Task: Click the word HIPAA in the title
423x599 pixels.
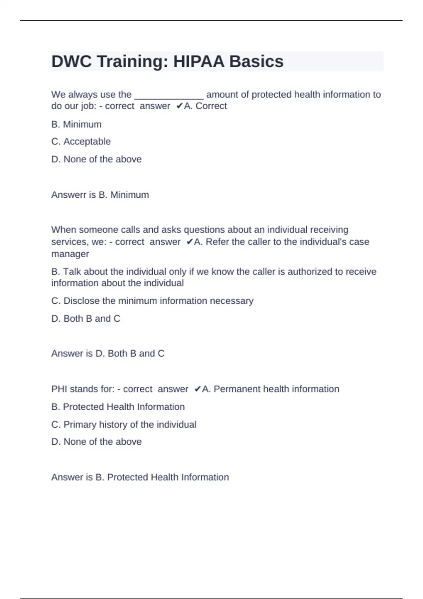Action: pyautogui.click(x=198, y=62)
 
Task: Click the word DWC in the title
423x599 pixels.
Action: pyautogui.click(x=72, y=62)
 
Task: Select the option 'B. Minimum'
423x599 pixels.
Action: pyautogui.click(x=76, y=124)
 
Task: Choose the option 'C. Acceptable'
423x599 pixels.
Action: pyautogui.click(x=81, y=142)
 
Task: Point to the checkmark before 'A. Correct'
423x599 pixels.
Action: pyautogui.click(x=179, y=106)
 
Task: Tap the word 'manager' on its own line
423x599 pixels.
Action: pyautogui.click(x=70, y=254)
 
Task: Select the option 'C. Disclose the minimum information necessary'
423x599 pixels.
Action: pyautogui.click(x=152, y=301)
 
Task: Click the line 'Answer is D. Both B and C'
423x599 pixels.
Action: pyautogui.click(x=108, y=353)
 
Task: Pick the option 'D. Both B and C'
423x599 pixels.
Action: pyautogui.click(x=86, y=319)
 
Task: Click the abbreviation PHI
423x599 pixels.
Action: pyautogui.click(x=59, y=389)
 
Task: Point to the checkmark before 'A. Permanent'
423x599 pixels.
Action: pyautogui.click(x=197, y=389)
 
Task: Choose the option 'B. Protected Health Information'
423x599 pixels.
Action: pyautogui.click(x=118, y=407)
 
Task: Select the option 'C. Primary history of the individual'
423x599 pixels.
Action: pyautogui.click(x=124, y=425)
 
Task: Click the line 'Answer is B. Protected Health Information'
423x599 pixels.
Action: pyautogui.click(x=140, y=477)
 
